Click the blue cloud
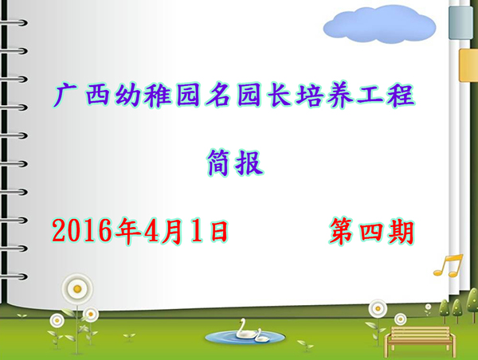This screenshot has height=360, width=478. click(379, 25)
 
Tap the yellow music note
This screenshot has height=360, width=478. click(449, 266)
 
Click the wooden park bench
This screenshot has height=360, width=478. click(420, 341)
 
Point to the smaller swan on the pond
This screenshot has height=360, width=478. click(261, 335)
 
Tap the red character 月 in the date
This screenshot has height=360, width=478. click(172, 231)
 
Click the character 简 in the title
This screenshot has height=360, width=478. click(218, 162)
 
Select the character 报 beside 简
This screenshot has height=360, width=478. click(249, 162)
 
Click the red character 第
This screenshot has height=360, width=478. click(342, 231)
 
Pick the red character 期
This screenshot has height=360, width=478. click(402, 232)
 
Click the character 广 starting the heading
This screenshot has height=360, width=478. click(65, 96)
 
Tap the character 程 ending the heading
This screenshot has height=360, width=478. click(401, 96)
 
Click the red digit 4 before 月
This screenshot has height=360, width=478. click(152, 231)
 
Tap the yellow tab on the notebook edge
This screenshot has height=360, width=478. click(468, 65)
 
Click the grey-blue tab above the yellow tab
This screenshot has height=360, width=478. click(461, 22)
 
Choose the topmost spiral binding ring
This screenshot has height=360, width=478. click(14, 22)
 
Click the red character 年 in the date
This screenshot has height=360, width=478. click(128, 231)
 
